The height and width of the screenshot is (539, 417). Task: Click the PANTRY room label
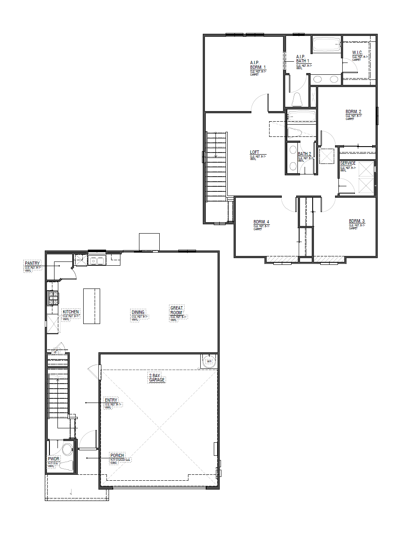click(32, 264)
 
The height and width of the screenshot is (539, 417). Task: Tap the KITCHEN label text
click(71, 312)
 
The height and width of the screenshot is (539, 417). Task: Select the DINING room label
click(138, 312)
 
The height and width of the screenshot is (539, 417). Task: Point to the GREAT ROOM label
click(177, 310)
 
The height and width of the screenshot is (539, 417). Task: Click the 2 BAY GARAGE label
click(156, 378)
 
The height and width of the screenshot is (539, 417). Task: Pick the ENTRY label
click(111, 400)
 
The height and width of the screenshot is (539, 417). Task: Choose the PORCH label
click(117, 455)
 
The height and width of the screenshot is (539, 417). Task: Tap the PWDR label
click(54, 458)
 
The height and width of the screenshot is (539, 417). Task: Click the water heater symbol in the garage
click(209, 362)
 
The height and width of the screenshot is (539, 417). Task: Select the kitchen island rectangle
click(92, 306)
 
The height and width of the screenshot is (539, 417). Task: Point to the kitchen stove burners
click(54, 298)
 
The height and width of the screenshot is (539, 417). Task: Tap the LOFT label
click(254, 152)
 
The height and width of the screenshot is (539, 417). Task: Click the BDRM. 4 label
click(261, 222)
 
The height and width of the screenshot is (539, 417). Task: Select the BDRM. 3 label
click(357, 221)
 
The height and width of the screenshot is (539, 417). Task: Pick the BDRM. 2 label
click(353, 112)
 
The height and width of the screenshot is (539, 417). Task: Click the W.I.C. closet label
click(357, 53)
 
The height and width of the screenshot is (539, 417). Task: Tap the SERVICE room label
click(348, 163)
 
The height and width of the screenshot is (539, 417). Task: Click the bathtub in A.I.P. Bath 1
click(326, 44)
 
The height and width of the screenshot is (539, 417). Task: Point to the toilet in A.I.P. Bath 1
click(297, 100)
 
